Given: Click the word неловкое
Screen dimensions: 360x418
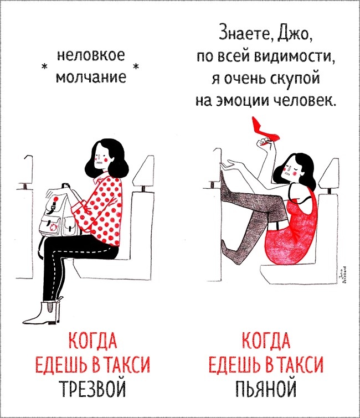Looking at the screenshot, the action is pos(91,56).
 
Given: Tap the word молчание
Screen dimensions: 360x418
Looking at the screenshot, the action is pos(91,77).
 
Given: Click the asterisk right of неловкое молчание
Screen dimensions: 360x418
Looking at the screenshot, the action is pos(136,65).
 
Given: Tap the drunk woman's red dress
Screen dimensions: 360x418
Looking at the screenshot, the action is pos(294,229).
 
